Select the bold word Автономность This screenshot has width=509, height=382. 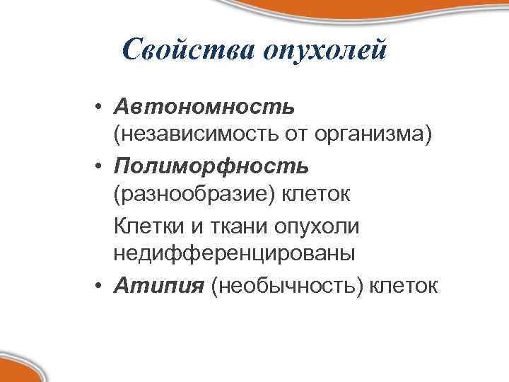[205, 107]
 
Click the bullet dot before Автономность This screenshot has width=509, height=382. [102, 108]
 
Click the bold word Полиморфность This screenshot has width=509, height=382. [211, 166]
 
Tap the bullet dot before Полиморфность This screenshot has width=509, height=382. [102, 167]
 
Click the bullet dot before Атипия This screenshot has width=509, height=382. [102, 286]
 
